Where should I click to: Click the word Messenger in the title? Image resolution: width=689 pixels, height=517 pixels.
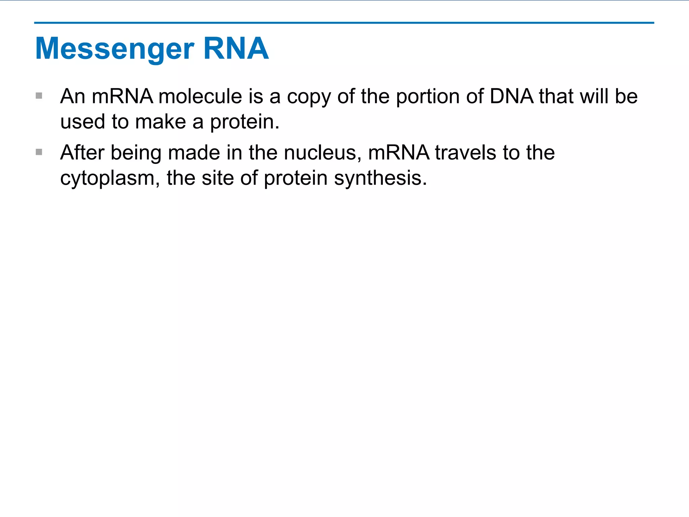click(115, 49)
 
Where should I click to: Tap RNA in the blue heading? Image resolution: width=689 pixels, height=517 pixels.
click(236, 48)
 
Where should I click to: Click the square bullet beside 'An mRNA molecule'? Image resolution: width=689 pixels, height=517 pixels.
click(39, 96)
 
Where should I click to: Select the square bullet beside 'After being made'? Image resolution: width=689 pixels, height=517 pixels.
click(39, 152)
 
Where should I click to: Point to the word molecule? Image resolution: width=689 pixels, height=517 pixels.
click(200, 96)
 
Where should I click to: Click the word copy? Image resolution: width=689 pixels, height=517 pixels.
click(309, 97)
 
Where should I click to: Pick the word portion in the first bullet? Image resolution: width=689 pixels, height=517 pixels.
click(428, 97)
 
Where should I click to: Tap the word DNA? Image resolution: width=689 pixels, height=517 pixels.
click(511, 96)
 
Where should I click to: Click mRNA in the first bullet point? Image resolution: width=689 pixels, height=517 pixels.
click(122, 96)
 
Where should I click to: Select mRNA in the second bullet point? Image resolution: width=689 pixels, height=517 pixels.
click(399, 152)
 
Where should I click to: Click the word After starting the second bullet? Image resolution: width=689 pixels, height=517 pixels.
click(82, 152)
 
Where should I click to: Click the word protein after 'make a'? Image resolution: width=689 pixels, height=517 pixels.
click(244, 122)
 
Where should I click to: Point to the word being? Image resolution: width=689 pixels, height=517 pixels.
click(136, 153)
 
